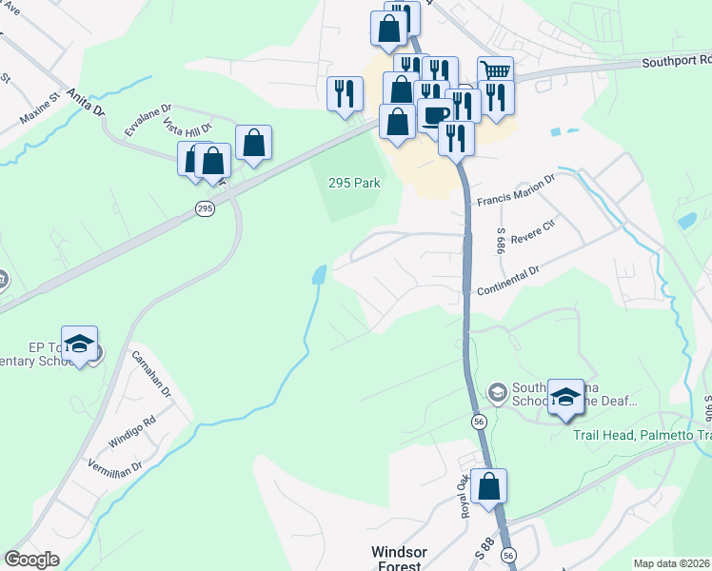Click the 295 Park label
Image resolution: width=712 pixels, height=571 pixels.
tap(355, 184)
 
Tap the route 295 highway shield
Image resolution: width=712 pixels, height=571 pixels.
tap(205, 208)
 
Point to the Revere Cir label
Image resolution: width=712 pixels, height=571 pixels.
tap(531, 229)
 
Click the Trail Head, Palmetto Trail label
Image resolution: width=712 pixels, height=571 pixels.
tap(640, 435)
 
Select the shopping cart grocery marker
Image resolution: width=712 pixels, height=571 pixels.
tap(494, 71)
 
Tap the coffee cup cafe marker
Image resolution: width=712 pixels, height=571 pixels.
tap(434, 115)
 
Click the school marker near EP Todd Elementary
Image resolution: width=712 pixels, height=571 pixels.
tap(79, 343)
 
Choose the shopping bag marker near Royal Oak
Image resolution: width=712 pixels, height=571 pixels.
tap(488, 485)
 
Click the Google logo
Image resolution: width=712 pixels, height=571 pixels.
tap(31, 560)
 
